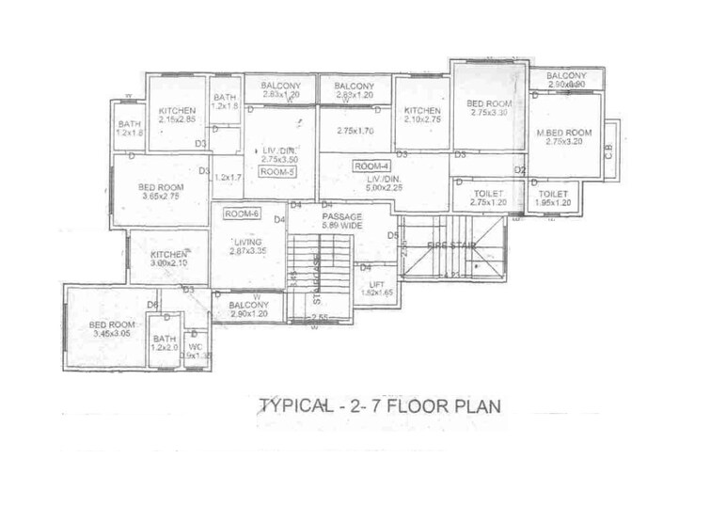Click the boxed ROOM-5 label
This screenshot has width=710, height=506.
click(277, 173)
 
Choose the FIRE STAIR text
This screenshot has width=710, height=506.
click(452, 246)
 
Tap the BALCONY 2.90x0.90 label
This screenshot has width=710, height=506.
click(566, 80)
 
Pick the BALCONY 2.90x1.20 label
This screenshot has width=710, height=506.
click(248, 309)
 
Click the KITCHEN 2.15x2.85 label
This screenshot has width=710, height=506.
click(177, 116)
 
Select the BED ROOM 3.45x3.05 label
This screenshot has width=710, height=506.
click(111, 329)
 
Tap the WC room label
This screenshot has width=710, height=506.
click(196, 351)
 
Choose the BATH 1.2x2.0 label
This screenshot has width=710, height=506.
click(165, 343)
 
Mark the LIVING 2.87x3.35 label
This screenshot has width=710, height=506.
click(248, 246)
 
